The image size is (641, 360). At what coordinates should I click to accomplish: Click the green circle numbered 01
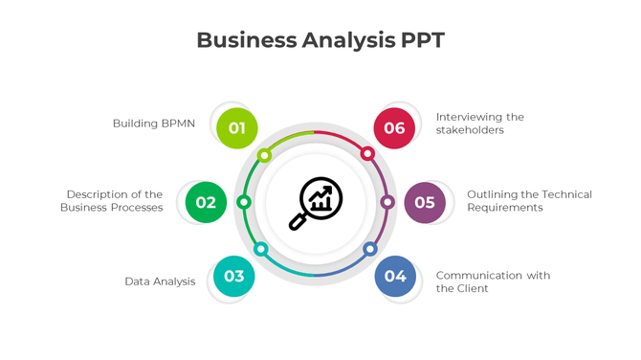(x=237, y=128)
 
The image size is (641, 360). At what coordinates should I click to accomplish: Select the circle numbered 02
(x=206, y=202)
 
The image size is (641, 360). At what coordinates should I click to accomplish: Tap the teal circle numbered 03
(x=233, y=277)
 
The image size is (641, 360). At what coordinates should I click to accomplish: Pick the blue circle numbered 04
(x=395, y=277)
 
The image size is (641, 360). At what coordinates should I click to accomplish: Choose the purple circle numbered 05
(x=425, y=202)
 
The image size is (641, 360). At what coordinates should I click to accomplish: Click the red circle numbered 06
(x=394, y=128)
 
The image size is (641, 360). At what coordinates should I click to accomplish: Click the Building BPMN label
(x=154, y=124)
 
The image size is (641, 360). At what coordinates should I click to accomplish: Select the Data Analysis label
(x=160, y=281)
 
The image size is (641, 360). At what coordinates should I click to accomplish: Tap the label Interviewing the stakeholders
(x=479, y=124)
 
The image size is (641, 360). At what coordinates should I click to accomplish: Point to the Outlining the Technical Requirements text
(x=529, y=201)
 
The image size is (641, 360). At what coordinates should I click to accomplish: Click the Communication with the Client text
(x=493, y=281)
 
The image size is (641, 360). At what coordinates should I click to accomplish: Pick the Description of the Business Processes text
(x=113, y=201)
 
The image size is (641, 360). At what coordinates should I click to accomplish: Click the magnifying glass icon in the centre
(x=316, y=203)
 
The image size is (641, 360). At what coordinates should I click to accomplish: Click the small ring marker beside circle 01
(x=265, y=155)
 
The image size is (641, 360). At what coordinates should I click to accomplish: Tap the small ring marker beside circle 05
(x=387, y=202)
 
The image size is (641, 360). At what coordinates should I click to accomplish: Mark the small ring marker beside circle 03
(x=261, y=249)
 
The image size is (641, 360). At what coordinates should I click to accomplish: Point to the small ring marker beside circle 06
(x=366, y=153)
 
